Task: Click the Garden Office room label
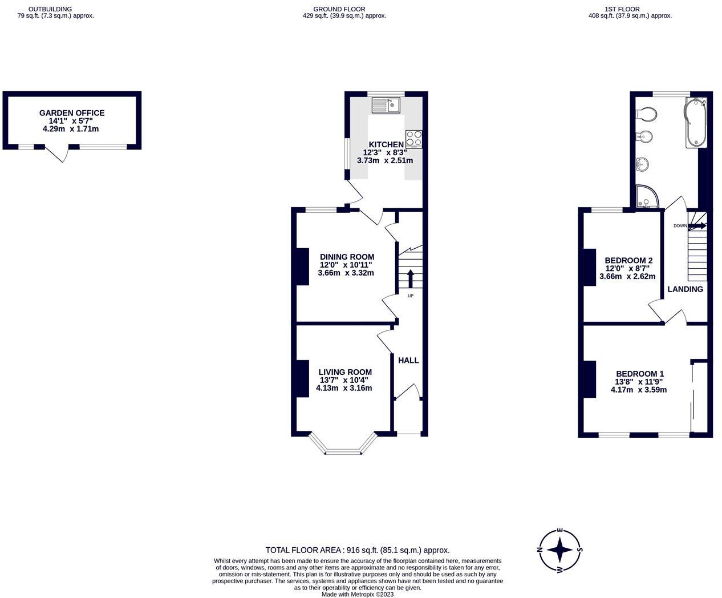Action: click(72, 113)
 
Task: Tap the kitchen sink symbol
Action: click(386, 105)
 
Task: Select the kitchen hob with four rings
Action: click(414, 139)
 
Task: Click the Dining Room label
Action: click(347, 257)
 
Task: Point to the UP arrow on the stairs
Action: click(410, 279)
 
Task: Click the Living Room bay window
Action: click(343, 446)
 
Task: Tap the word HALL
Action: click(408, 361)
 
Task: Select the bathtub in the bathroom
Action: click(696, 123)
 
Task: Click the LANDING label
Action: click(685, 289)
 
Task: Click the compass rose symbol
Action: click(560, 551)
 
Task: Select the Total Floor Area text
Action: click(358, 551)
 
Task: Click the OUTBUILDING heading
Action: click(50, 9)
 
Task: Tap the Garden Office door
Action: click(57, 153)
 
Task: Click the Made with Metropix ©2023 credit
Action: click(358, 594)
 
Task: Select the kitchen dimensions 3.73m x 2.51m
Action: click(385, 161)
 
